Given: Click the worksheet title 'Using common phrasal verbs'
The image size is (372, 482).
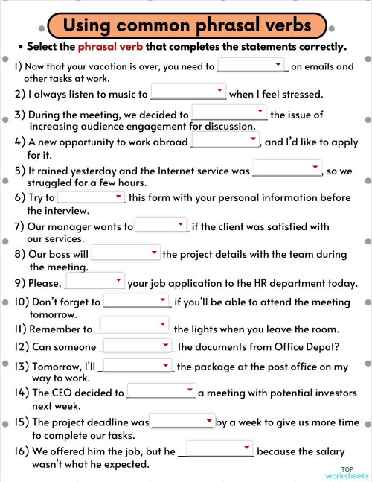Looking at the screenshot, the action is pos(187,25).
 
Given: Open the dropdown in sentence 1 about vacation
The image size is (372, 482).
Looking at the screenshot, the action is pos(252,66).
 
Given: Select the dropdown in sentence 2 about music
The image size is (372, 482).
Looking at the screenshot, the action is pos(187,92).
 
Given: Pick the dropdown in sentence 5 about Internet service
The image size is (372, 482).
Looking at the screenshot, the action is pos(286,169).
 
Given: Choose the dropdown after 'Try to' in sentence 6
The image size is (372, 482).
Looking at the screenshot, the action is pos(91,197).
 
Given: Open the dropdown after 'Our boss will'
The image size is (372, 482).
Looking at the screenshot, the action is pos(126,253).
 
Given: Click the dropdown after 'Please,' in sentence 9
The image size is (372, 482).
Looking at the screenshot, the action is pos(94,282).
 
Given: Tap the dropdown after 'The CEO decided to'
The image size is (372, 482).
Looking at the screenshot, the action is pos(161,391).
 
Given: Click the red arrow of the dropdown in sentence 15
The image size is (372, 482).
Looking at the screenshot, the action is pos(210,420).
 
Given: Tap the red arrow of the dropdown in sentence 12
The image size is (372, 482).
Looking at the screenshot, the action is pos(166,345).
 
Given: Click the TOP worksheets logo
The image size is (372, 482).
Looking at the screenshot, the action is pos(346,472).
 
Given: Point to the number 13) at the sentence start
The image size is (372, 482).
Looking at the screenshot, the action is pos(22,367).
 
